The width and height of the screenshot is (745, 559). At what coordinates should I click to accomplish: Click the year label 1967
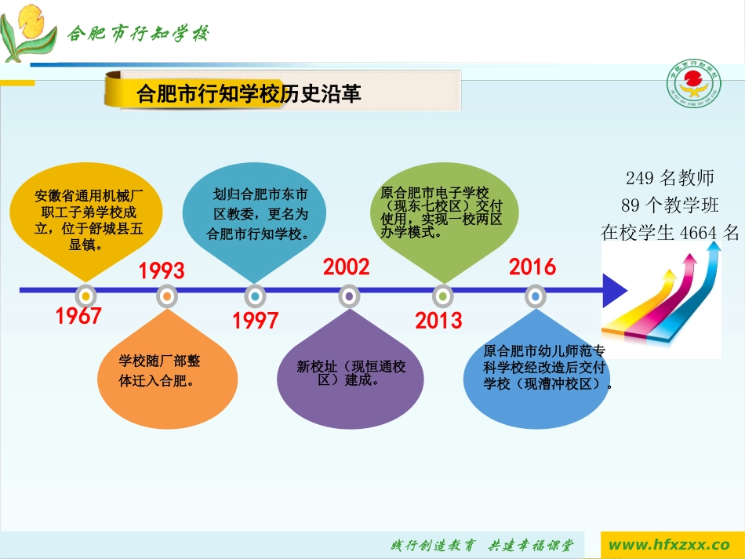[78, 316]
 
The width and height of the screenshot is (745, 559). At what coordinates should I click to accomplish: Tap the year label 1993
[162, 271]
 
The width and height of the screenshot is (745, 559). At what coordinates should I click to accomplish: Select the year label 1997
[256, 321]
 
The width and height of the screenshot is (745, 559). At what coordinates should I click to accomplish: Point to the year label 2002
[346, 267]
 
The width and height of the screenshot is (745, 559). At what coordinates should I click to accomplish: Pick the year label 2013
[438, 321]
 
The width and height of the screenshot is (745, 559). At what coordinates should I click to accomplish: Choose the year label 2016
[532, 267]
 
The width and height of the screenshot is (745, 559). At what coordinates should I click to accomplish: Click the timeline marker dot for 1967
[85, 296]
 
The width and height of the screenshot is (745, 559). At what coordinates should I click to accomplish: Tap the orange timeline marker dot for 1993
[166, 296]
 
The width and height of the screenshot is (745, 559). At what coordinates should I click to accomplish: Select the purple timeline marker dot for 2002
[349, 296]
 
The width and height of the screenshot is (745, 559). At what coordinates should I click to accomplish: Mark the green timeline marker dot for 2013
[443, 296]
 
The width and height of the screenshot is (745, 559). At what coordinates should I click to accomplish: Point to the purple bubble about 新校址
[349, 372]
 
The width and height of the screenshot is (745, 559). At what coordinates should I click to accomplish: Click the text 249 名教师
[670, 178]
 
